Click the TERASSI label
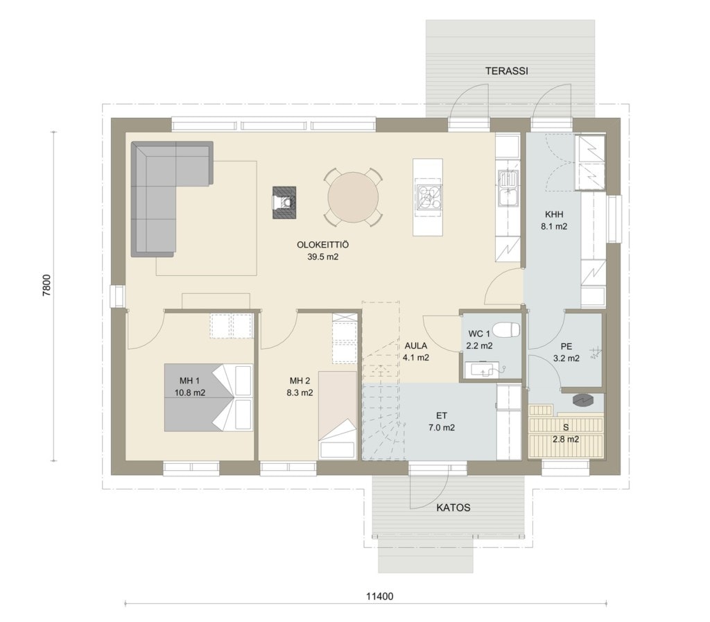[x=506, y=71]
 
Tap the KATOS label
[x=453, y=508]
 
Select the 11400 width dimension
[x=379, y=596]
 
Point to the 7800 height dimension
[x=47, y=286]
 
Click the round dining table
[x=353, y=197]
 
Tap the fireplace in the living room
[x=284, y=202]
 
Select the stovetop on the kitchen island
[x=428, y=198]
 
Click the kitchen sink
[x=508, y=187]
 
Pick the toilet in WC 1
[x=506, y=329]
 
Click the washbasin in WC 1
[x=485, y=368]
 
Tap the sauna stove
[x=582, y=399]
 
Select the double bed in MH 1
[x=208, y=397]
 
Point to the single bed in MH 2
[x=338, y=415]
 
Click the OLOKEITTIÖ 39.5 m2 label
[x=323, y=251]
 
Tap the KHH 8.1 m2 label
[x=554, y=220]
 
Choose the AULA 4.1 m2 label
[x=416, y=352]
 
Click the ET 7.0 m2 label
[x=442, y=422]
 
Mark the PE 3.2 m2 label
[x=566, y=352]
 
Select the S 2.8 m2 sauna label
[x=566, y=433]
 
